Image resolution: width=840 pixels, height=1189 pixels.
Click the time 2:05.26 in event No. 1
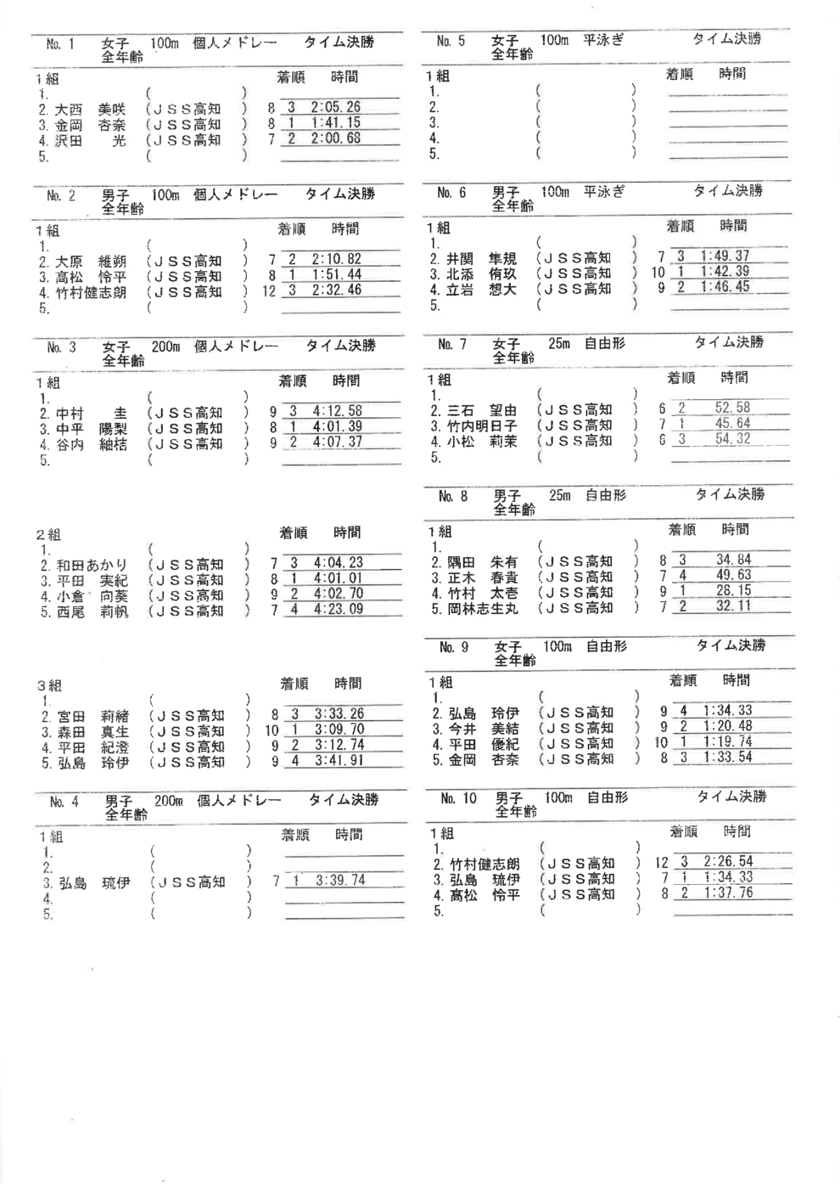[336, 107]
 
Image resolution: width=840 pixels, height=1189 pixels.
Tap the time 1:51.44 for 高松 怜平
[337, 274]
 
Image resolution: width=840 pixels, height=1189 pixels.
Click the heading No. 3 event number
[61, 347]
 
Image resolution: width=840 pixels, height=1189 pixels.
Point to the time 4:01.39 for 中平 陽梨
[338, 426]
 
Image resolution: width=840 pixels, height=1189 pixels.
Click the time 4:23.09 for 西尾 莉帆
[339, 609]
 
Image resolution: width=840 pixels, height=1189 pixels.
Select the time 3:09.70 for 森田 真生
[339, 730]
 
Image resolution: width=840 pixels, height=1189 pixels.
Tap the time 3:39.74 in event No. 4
[340, 881]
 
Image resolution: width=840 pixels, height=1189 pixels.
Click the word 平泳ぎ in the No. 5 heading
[603, 40]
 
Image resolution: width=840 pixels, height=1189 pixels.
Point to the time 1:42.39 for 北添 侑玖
[725, 272]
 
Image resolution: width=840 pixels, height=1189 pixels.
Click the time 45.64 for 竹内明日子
[733, 423]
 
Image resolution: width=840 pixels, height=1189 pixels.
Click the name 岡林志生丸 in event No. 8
[483, 608]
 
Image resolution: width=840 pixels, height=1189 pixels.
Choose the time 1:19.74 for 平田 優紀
[728, 741]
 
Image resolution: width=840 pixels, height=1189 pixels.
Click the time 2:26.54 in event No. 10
[729, 861]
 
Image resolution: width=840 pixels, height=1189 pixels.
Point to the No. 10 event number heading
[459, 798]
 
